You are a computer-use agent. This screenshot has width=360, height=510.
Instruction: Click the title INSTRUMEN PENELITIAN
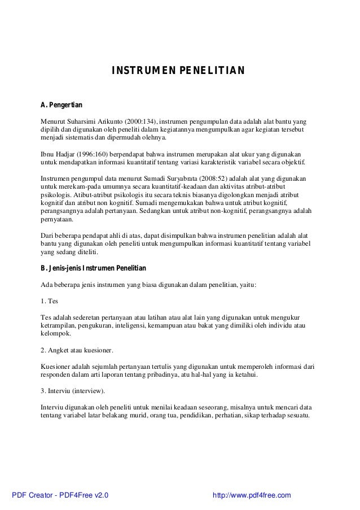(x=178, y=71)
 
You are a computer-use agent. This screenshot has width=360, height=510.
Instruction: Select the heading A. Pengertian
(x=62, y=105)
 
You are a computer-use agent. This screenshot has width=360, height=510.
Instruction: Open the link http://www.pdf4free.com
(x=251, y=495)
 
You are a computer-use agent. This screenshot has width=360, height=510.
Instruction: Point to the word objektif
(x=291, y=162)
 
